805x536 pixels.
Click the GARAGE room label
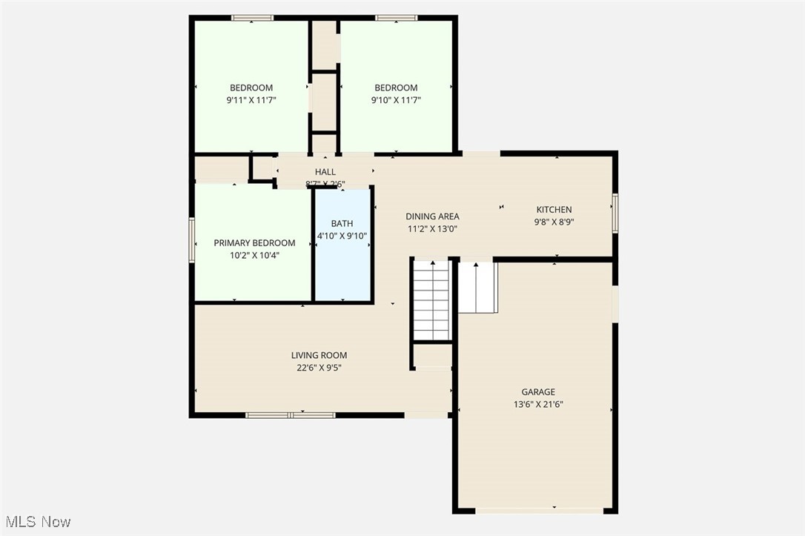tap(537, 392)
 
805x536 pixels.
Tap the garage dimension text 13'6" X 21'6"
tap(537, 405)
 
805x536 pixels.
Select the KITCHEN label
tap(554, 210)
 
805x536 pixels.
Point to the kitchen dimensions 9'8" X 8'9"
tap(554, 222)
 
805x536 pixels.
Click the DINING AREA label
tap(432, 216)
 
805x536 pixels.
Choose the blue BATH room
tap(342, 259)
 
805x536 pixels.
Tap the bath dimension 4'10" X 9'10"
tap(342, 236)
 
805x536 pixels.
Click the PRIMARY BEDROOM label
tap(254, 243)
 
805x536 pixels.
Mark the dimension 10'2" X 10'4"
tap(254, 255)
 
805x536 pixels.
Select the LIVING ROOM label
tap(319, 355)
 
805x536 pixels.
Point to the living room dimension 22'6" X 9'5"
tap(319, 368)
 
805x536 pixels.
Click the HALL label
tap(325, 172)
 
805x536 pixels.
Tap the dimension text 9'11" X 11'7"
tap(251, 100)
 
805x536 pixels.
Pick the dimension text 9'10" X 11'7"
tap(396, 100)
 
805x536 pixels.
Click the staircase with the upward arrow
tap(432, 300)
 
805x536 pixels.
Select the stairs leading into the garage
tap(477, 287)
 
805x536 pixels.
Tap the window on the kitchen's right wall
tap(614, 213)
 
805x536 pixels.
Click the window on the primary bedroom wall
tap(191, 239)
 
